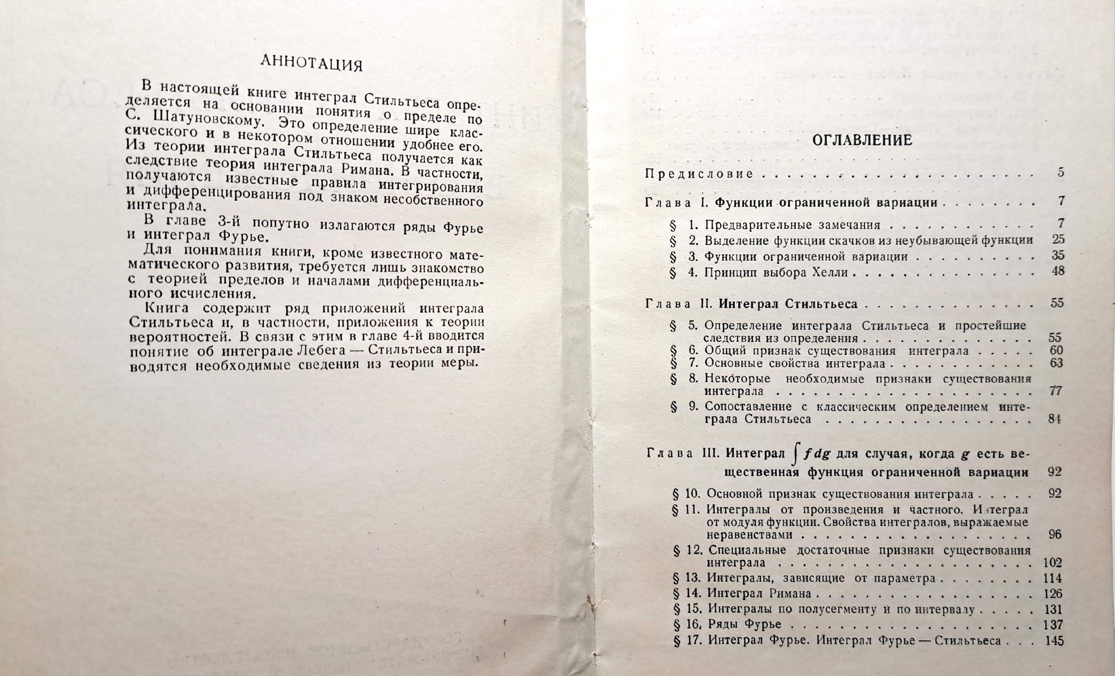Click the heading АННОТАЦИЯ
coord(312,64)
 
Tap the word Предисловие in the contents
coord(699,174)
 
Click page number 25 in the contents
coord(1058,239)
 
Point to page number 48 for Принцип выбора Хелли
coord(1058,271)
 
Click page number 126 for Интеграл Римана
coord(1054,593)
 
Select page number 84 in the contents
coord(1055,419)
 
